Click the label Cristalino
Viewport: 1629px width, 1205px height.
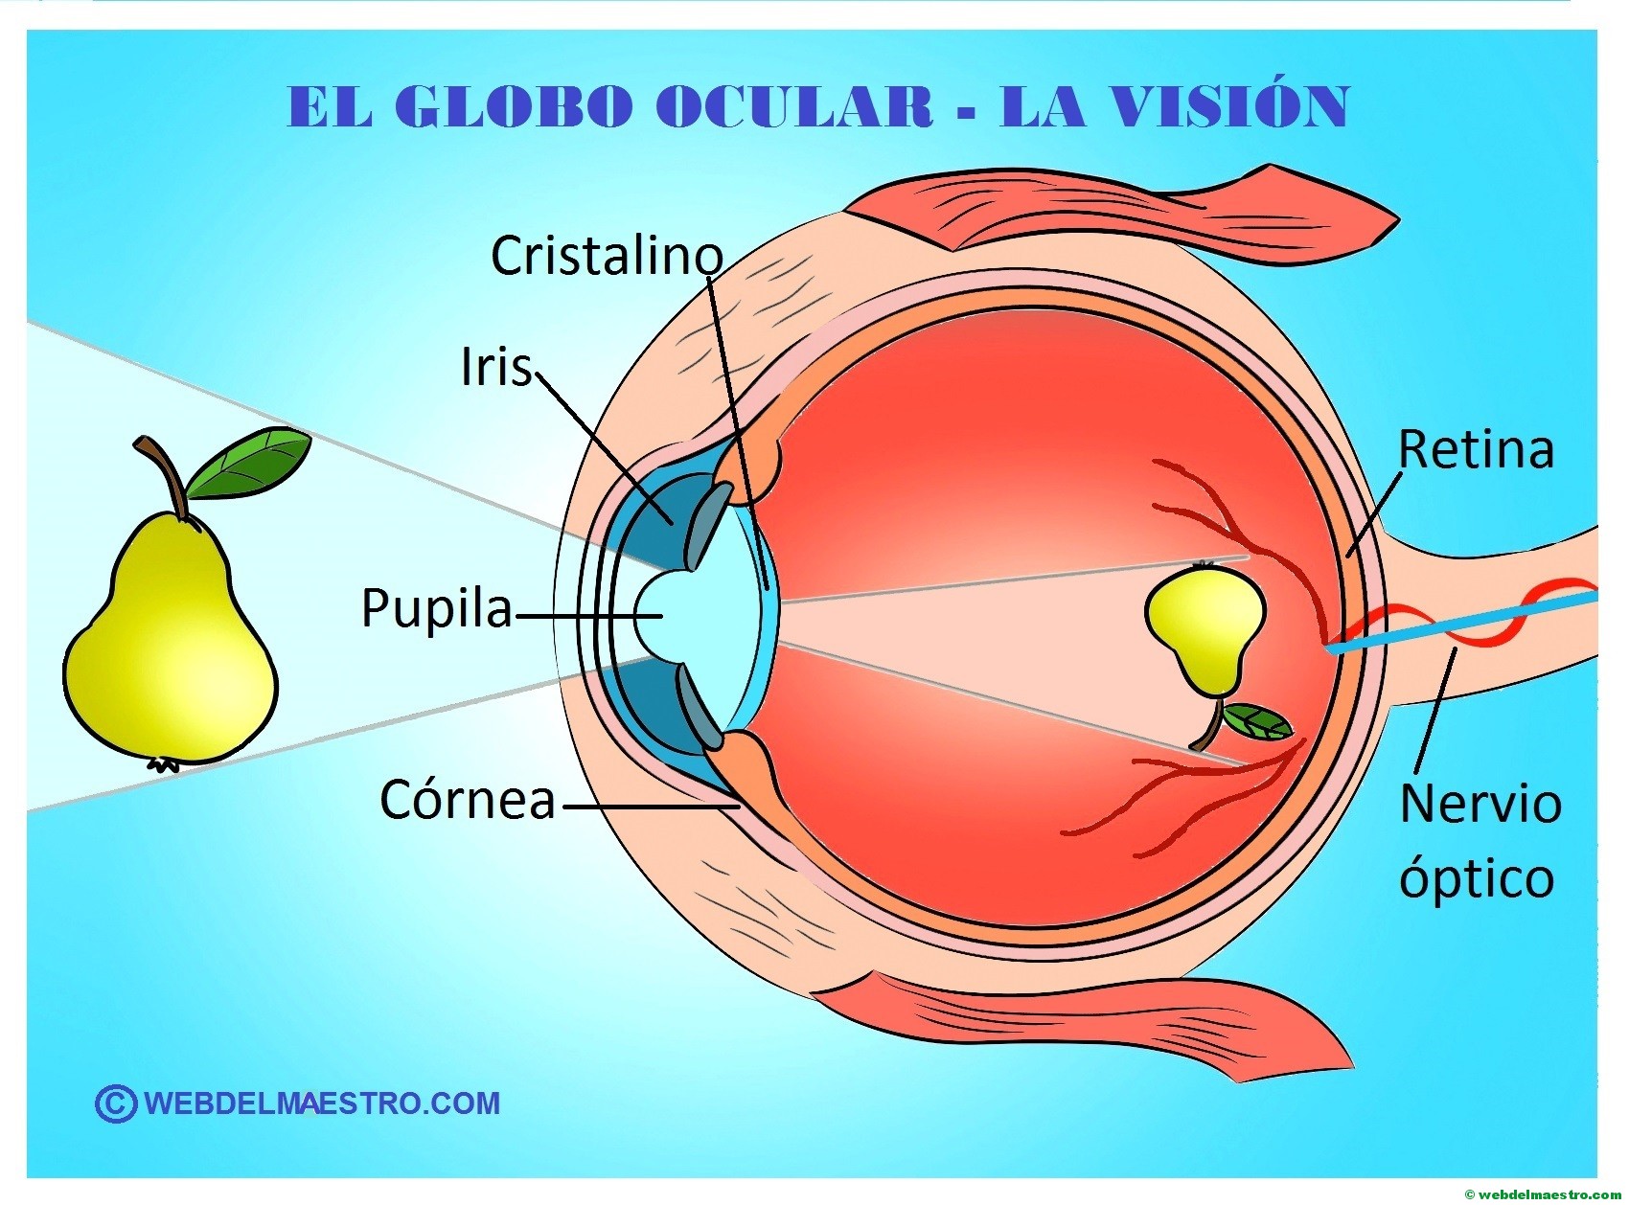(606, 256)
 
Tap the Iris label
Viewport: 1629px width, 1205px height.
(495, 367)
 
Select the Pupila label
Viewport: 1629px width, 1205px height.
(437, 608)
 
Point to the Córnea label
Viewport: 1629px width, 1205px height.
(468, 799)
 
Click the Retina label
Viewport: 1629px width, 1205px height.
(1476, 449)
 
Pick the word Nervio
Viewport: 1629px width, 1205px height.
(1480, 804)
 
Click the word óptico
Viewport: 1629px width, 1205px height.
(1476, 878)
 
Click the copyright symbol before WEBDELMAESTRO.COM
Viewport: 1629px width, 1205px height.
(115, 1103)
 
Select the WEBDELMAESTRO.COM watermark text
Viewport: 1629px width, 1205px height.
(322, 1103)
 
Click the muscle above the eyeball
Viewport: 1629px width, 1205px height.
(1121, 216)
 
